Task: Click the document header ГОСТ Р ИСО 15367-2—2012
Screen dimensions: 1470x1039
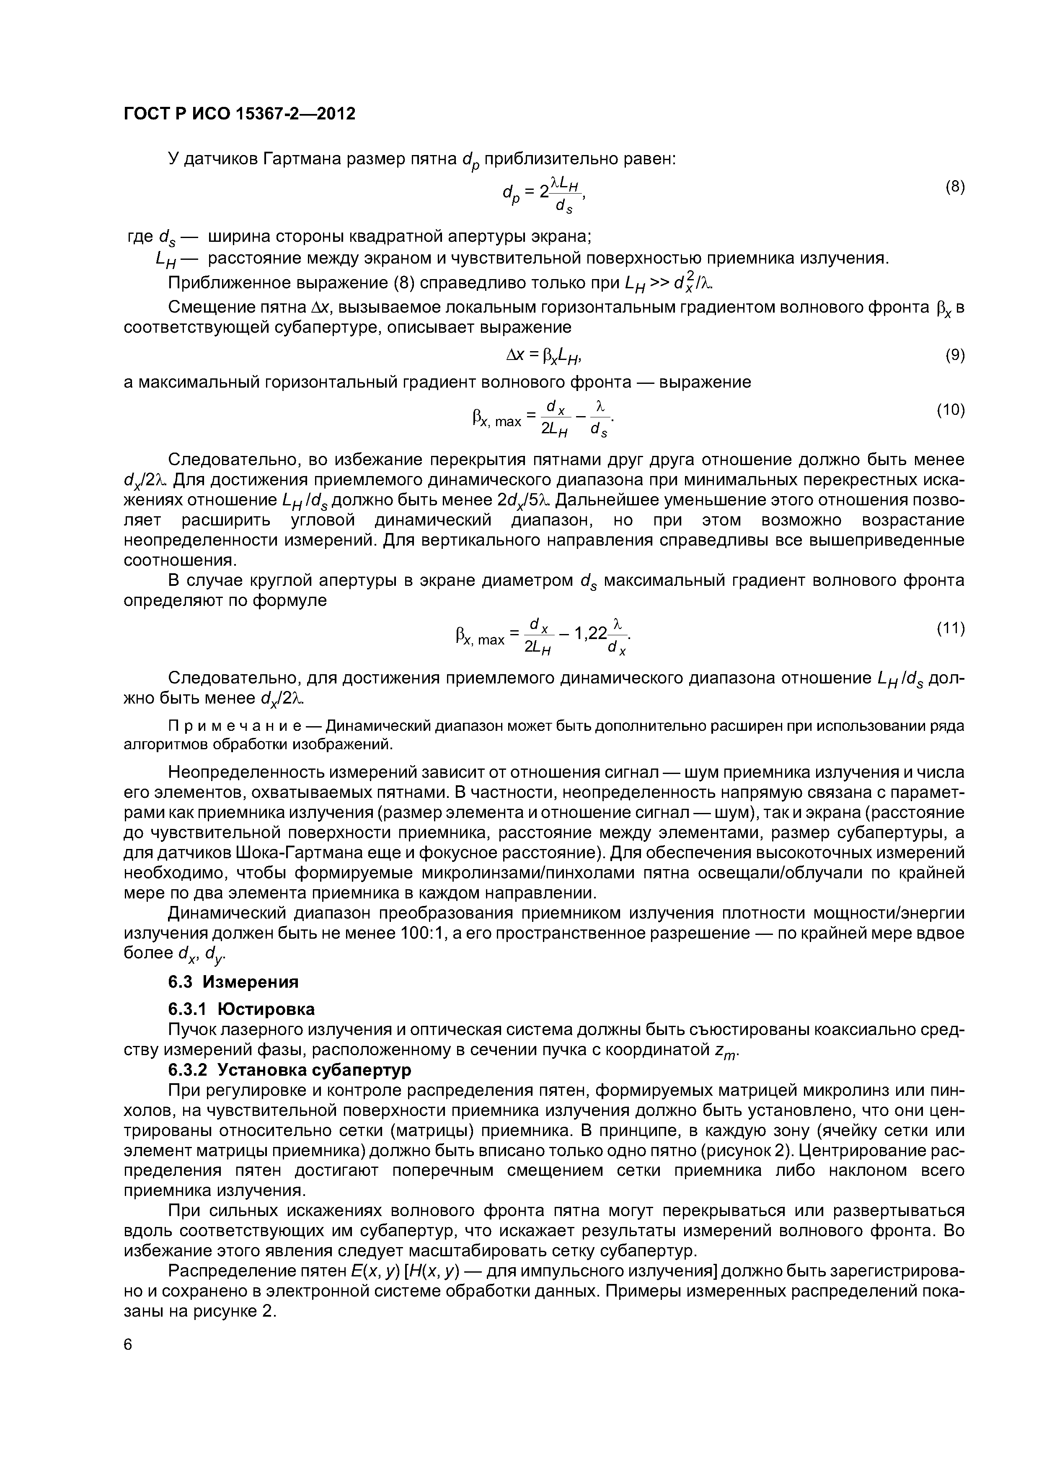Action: click(x=239, y=114)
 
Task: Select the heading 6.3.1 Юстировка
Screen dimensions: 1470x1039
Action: click(x=241, y=1009)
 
